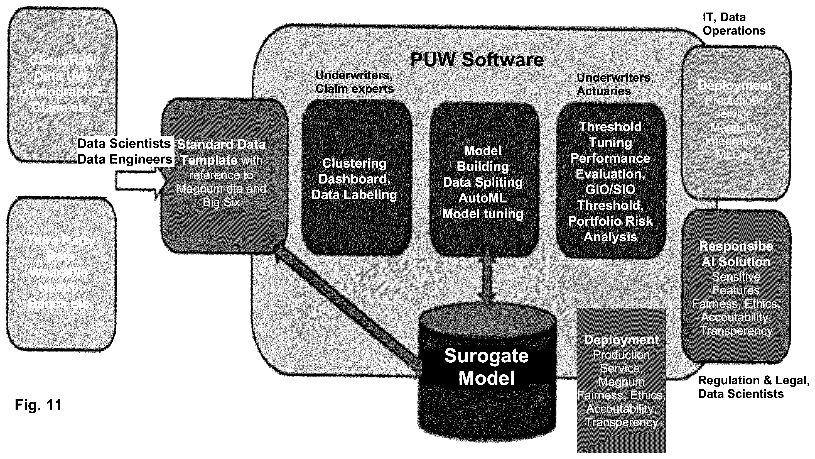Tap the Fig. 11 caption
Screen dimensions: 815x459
point(38,405)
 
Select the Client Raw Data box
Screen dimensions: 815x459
point(63,85)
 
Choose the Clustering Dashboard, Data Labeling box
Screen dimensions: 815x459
point(357,178)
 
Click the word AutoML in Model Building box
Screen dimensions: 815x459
point(482,198)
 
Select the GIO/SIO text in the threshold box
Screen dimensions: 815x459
point(610,190)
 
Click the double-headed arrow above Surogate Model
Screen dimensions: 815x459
point(486,278)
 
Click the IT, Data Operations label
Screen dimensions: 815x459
point(734,24)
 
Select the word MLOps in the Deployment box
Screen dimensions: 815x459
point(735,155)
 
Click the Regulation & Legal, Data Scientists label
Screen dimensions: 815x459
point(753,387)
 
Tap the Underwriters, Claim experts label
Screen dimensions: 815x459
point(355,82)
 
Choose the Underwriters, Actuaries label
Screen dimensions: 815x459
point(615,84)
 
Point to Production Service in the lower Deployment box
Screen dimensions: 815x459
point(621,361)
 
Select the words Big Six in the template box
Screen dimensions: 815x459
point(222,202)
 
